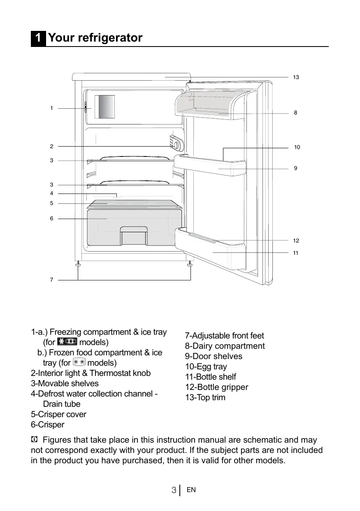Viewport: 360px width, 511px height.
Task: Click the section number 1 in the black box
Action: point(38,38)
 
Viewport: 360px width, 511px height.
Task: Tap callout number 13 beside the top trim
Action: point(296,77)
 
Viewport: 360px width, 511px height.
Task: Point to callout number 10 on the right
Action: point(297,147)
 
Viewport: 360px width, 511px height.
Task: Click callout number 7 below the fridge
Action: point(51,280)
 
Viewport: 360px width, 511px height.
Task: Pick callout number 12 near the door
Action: point(296,240)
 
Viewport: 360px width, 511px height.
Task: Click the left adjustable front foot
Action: point(78,265)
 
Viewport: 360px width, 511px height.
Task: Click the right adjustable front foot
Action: point(190,265)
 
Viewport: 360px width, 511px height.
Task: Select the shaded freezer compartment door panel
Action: point(105,106)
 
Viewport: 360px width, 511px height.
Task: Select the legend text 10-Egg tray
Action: point(206,366)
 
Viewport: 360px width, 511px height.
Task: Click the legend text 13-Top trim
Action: point(205,397)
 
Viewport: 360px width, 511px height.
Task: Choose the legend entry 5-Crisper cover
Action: point(58,414)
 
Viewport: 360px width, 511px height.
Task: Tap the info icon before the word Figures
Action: point(35,440)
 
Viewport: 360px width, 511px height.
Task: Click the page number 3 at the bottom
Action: point(174,490)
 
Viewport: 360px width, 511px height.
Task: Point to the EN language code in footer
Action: point(191,490)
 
